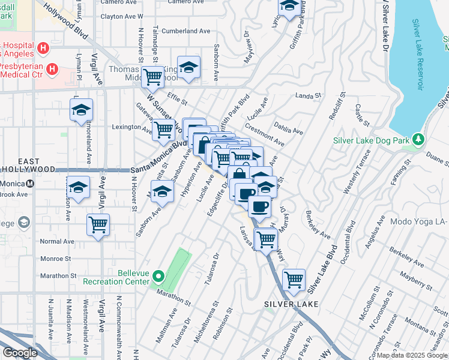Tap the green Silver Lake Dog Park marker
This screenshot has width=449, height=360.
point(418,140)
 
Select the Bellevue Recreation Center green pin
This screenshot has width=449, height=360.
point(158,277)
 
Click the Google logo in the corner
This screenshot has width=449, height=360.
point(20,353)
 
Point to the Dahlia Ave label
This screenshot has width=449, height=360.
point(289,127)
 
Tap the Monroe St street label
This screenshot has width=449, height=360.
point(55,259)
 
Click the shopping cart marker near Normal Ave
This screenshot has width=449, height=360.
point(98,225)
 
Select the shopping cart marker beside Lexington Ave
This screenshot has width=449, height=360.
point(163,129)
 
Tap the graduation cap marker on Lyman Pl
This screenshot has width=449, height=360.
point(81,110)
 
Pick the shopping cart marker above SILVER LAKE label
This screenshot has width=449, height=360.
point(294,279)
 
